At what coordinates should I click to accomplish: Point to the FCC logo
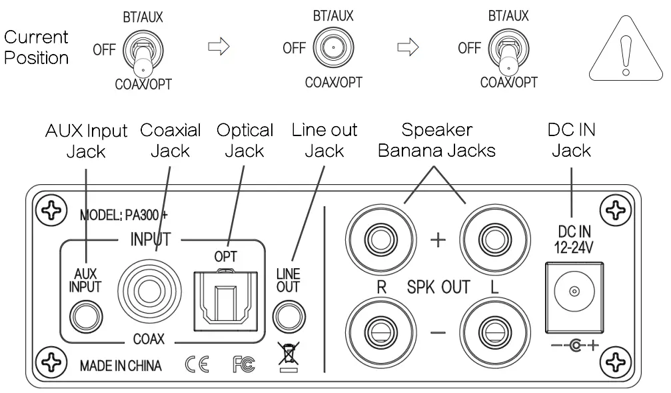(x=244, y=364)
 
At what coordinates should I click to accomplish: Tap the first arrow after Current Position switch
(x=219, y=47)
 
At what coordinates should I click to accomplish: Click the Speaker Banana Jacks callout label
(x=436, y=140)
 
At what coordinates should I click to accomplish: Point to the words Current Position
(x=37, y=47)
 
